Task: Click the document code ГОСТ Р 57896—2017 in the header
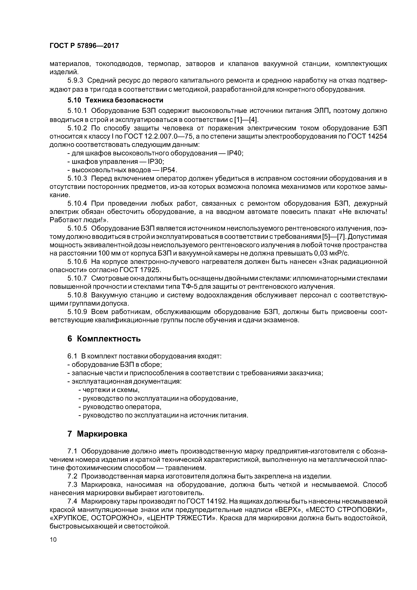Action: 84,46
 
